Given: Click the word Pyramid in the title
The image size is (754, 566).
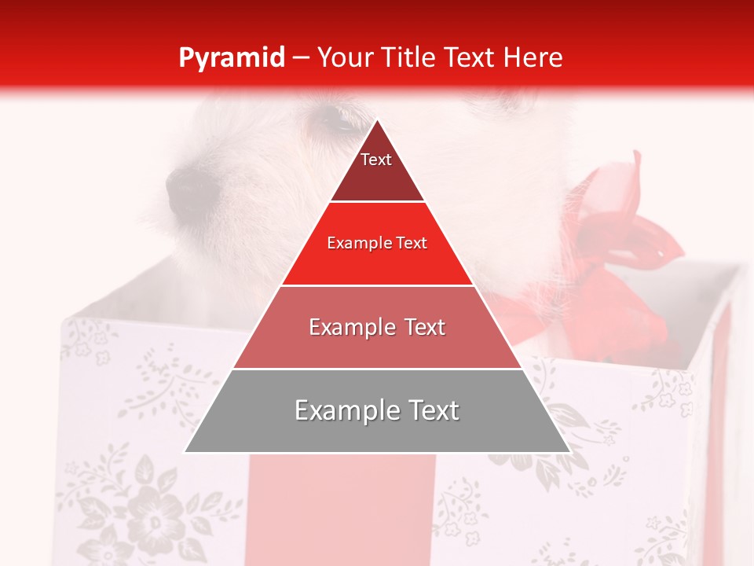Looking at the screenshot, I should pos(231,58).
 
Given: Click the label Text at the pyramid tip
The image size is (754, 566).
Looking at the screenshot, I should pos(375,160).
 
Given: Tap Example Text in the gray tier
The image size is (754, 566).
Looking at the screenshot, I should pos(377,410).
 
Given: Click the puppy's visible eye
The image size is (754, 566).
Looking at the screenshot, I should pos(334,120).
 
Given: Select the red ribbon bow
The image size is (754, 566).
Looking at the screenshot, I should pos(620,236).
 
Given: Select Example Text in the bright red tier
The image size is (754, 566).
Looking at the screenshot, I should pos(377,243).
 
